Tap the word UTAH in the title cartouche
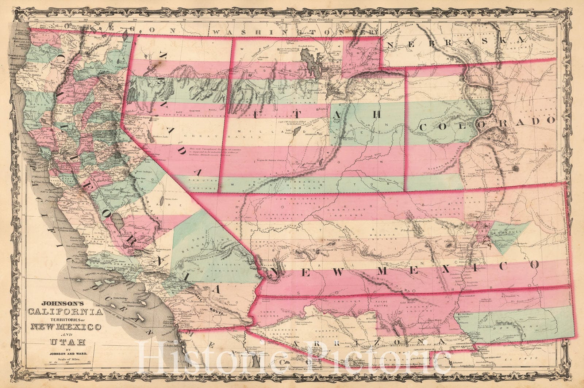pos(65,342)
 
